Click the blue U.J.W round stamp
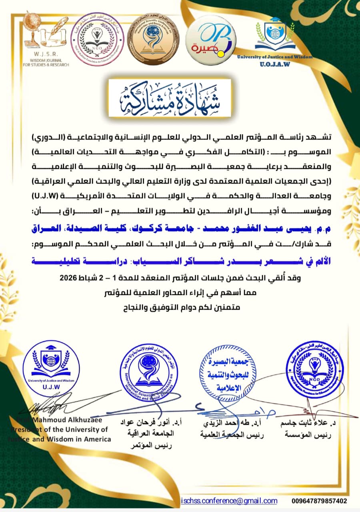pyautogui.click(x=51, y=364)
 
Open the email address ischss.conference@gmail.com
pyautogui.click(x=229, y=501)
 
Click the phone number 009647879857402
pyautogui.click(x=319, y=501)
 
